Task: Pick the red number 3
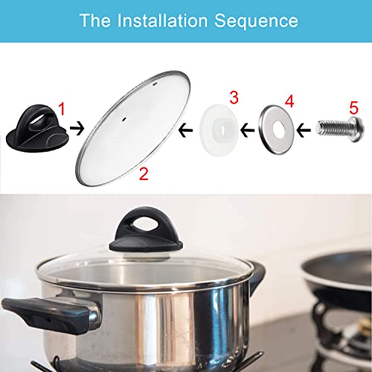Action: [x=233, y=98]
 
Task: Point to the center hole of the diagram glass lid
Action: [x=153, y=117]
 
